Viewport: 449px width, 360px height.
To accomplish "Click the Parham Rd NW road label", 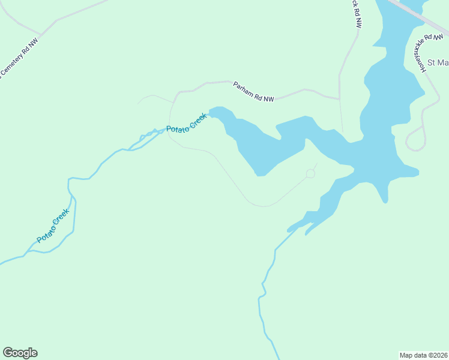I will (253, 92).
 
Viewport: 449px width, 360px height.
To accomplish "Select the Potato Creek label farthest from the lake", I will (53, 225).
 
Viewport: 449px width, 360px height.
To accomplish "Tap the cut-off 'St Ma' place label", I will (438, 62).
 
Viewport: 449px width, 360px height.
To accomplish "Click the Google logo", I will (20, 353).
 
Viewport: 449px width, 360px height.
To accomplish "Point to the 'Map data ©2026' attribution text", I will (423, 355).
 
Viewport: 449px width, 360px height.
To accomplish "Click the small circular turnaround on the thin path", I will (310, 173).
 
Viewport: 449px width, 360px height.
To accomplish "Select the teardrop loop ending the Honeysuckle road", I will (414, 143).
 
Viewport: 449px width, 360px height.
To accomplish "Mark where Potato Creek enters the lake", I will (209, 112).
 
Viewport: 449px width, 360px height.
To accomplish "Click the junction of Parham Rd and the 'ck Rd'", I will (339, 98).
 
